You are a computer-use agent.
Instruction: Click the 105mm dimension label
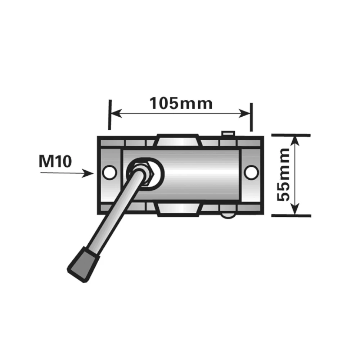click(x=181, y=103)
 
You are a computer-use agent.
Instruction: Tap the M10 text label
click(x=55, y=162)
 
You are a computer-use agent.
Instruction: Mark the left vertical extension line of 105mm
click(x=110, y=114)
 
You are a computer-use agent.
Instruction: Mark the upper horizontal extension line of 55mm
click(x=291, y=135)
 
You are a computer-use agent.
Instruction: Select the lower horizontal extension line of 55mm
click(x=291, y=216)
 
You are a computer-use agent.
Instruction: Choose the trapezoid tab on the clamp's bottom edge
click(x=178, y=210)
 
